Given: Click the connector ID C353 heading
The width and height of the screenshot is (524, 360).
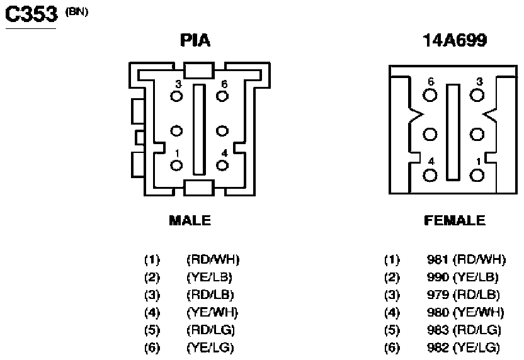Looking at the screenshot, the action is pyautogui.click(x=31, y=14).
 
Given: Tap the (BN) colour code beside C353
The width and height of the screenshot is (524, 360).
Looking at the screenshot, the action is pyautogui.click(x=77, y=12).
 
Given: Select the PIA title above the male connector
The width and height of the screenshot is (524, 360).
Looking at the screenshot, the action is pyautogui.click(x=195, y=40).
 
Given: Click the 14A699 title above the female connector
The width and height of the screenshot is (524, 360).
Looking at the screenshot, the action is pyautogui.click(x=455, y=40).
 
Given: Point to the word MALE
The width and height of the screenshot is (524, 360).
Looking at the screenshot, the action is pyautogui.click(x=190, y=220).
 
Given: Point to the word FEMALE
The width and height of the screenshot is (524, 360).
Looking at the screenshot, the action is pyautogui.click(x=455, y=220).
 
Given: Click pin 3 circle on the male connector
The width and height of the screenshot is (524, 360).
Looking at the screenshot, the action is pyautogui.click(x=176, y=96).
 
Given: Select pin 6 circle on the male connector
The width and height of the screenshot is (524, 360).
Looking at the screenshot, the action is pyautogui.click(x=222, y=96).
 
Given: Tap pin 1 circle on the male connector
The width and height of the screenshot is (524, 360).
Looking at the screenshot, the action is pyautogui.click(x=176, y=166).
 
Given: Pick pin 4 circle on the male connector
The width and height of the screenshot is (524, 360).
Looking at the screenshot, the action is pyautogui.click(x=222, y=166).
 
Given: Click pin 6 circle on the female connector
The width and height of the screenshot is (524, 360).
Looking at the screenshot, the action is pyautogui.click(x=430, y=95).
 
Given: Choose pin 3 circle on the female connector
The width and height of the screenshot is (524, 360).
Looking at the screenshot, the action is pyautogui.click(x=477, y=95).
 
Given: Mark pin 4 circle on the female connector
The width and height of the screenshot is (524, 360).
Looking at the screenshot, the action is pyautogui.click(x=430, y=176).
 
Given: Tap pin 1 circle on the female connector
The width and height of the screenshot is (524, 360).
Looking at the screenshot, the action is pyautogui.click(x=477, y=176).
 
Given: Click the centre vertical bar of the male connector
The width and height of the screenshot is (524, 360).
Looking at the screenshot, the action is pyautogui.click(x=199, y=130).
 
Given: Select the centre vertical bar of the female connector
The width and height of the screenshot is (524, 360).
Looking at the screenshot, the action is pyautogui.click(x=453, y=132).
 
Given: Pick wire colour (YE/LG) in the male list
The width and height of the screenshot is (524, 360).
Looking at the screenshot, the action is pyautogui.click(x=210, y=347).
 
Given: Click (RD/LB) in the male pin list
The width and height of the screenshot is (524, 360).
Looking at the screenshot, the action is pyautogui.click(x=210, y=295).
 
